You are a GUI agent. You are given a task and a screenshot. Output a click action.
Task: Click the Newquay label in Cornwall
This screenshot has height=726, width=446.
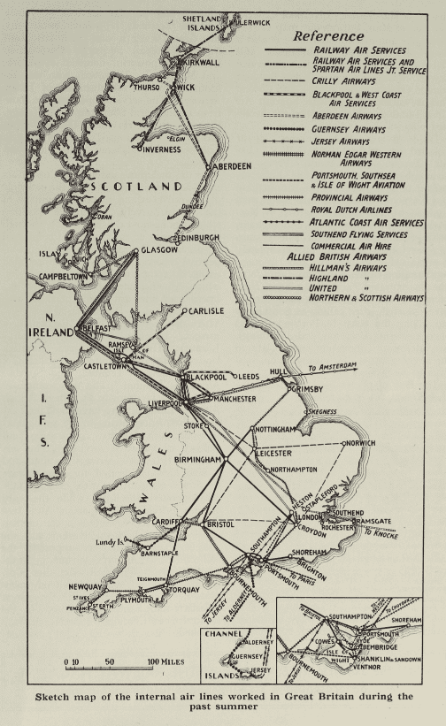[87, 587]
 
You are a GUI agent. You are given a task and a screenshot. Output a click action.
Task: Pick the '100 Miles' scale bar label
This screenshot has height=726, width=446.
[165, 661]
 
